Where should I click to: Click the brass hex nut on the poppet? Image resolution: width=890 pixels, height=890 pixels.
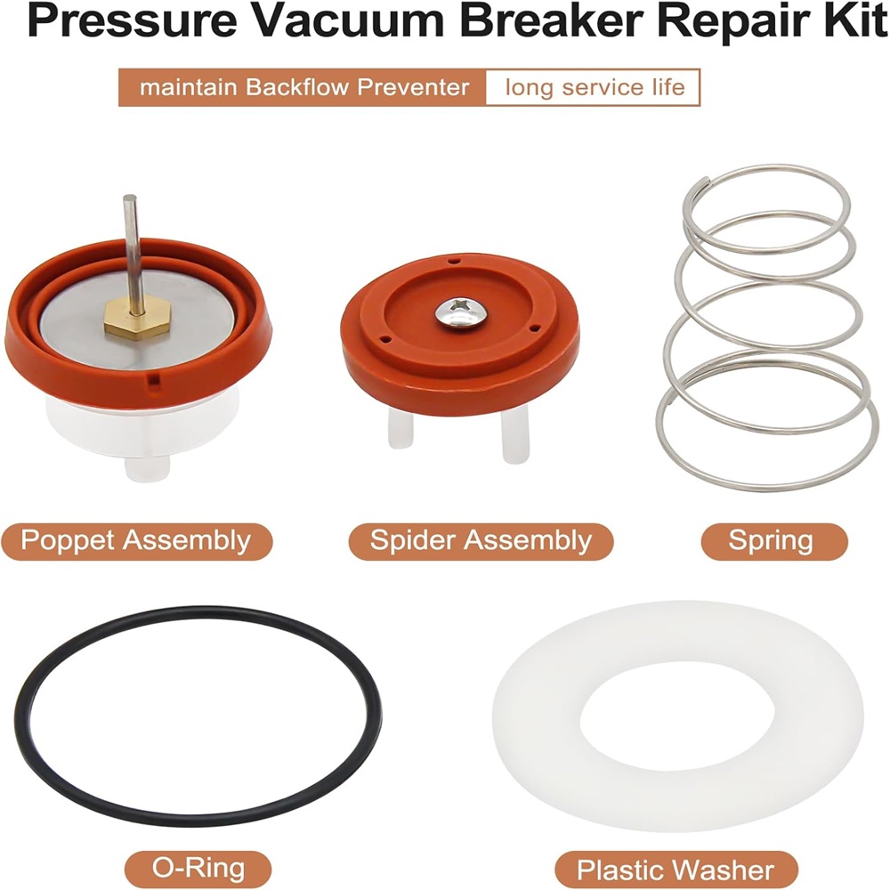137,320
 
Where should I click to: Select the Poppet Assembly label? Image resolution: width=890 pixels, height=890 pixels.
136,541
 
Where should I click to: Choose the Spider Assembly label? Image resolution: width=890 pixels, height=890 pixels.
481,541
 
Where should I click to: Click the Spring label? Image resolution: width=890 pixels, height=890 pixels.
774,541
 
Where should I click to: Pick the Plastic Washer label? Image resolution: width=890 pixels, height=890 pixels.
676,870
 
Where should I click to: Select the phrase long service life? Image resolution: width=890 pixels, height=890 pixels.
595,88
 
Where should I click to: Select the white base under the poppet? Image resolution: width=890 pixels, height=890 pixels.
142,432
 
